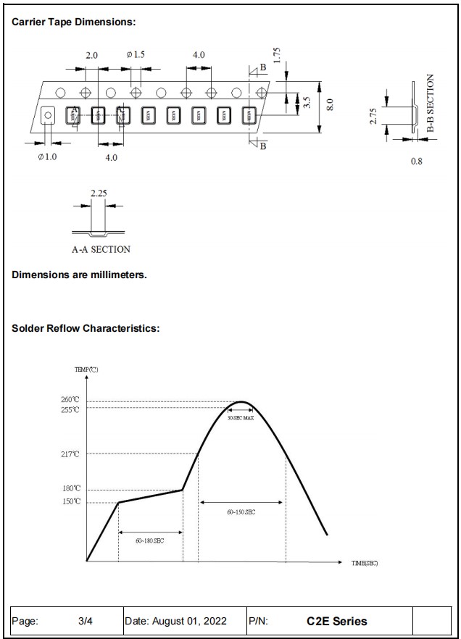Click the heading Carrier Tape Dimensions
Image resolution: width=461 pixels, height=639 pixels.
[74, 22]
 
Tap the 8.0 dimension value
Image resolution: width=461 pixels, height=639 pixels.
[330, 104]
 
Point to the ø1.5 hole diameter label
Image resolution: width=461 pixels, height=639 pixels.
[136, 55]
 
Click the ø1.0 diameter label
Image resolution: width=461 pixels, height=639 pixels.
[47, 157]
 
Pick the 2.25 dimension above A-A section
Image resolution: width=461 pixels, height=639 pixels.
[99, 193]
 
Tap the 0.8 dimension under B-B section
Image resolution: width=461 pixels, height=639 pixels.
[416, 161]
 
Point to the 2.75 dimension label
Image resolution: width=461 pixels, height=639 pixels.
[373, 116]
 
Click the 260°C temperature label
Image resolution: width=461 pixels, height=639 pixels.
[70, 400]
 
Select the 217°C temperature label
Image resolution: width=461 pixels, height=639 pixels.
[70, 454]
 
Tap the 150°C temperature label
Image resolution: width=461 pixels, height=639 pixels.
[70, 501]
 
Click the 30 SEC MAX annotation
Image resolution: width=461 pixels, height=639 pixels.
[241, 418]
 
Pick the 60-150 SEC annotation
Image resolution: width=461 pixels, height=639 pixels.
[241, 512]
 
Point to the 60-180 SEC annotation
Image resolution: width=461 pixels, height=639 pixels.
[149, 540]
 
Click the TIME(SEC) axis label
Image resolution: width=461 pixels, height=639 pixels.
[365, 563]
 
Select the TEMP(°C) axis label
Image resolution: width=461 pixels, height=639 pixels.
[86, 369]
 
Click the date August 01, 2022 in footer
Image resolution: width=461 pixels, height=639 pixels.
[176, 621]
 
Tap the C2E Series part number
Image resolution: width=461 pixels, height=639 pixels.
[336, 621]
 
